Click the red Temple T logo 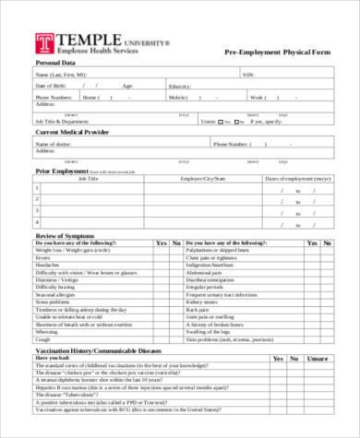(x=44, y=43)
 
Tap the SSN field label (x=247, y=74)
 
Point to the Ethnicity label (x=179, y=85)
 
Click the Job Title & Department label (x=62, y=121)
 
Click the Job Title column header (x=88, y=177)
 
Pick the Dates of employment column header (x=298, y=177)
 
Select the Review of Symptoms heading (x=66, y=234)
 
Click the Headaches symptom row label (x=48, y=265)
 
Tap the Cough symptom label (x=42, y=338)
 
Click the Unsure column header (x=318, y=359)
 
